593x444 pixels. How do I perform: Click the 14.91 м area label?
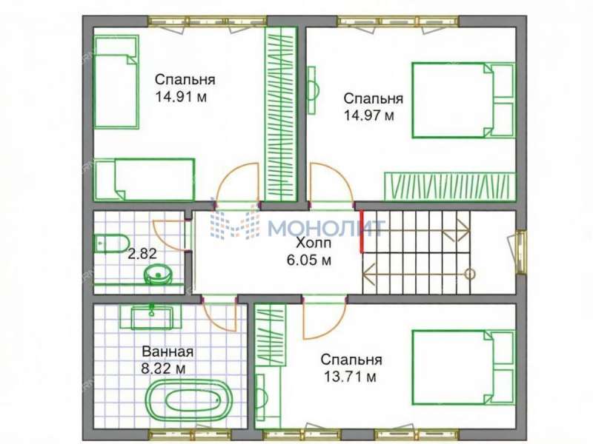pyautogui.click(x=181, y=97)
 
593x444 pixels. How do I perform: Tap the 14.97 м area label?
pyautogui.click(x=368, y=115)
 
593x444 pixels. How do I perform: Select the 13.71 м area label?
pyautogui.click(x=350, y=377)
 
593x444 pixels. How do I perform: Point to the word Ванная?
pyautogui.click(x=168, y=352)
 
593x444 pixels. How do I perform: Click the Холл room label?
pyautogui.click(x=314, y=243)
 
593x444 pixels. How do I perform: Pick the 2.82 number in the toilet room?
pyautogui.click(x=142, y=253)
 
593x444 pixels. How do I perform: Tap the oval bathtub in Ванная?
pyautogui.click(x=189, y=400)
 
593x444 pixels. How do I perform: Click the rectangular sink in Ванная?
pyautogui.click(x=151, y=317)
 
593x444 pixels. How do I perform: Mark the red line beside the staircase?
pyautogui.click(x=362, y=231)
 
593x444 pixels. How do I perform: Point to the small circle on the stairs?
pyautogui.click(x=469, y=274)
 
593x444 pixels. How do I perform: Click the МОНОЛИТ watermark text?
pyautogui.click(x=326, y=228)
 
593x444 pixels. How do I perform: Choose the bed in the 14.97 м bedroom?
pyautogui.click(x=464, y=101)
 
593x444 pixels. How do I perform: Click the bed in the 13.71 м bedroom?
pyautogui.click(x=464, y=368)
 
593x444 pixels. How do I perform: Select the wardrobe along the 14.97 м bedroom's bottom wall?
pyautogui.click(x=450, y=186)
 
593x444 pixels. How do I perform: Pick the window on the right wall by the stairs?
pyautogui.click(x=522, y=252)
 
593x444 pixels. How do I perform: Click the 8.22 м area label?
pyautogui.click(x=163, y=369)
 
